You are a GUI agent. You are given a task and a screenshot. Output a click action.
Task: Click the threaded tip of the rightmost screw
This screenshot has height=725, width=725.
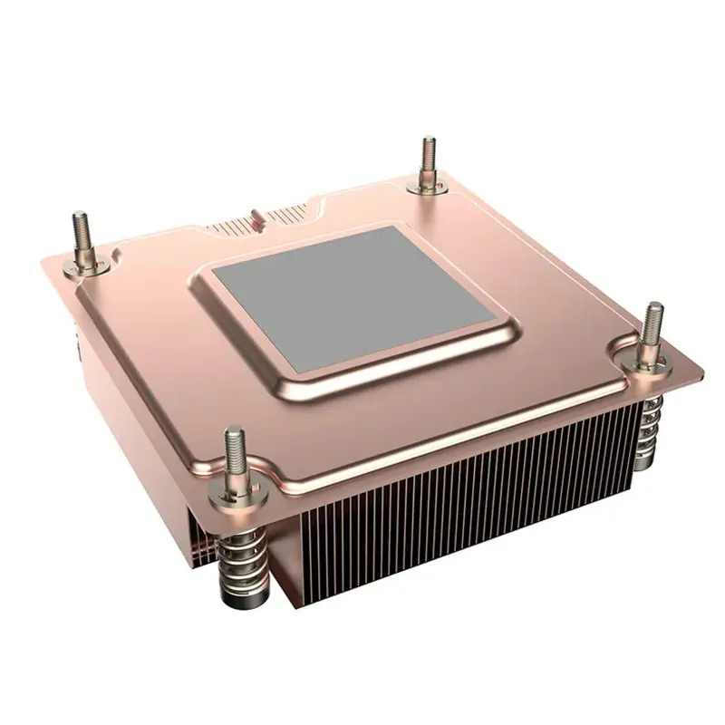(x=652, y=321)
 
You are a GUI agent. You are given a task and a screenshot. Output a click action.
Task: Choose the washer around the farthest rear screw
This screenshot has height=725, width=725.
(x=428, y=185)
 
